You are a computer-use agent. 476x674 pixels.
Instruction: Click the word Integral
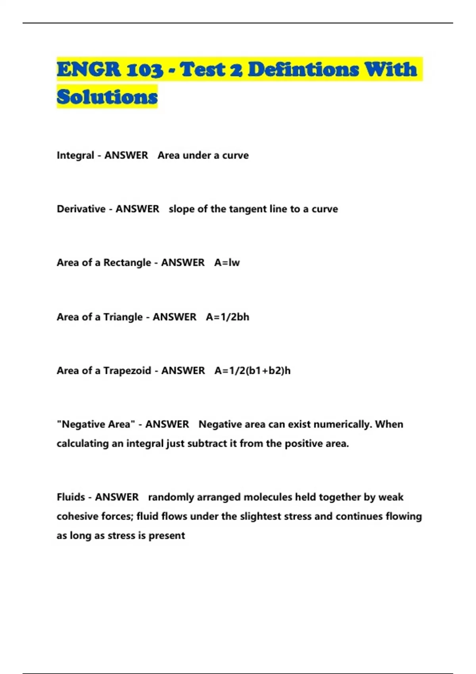click(75, 155)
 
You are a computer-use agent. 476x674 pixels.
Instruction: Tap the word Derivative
click(81, 209)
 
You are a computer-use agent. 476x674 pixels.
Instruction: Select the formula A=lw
click(227, 262)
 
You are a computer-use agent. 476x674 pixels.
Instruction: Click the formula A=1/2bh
click(227, 317)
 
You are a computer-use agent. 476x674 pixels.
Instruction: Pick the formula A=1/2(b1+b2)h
click(252, 371)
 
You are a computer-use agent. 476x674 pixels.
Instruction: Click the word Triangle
click(123, 317)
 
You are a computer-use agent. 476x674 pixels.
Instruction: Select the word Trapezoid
click(127, 371)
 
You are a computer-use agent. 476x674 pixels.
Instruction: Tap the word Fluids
click(70, 497)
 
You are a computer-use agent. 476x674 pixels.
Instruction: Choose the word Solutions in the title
click(107, 97)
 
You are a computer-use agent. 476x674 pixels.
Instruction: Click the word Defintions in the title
click(303, 70)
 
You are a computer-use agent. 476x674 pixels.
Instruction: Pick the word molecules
click(267, 497)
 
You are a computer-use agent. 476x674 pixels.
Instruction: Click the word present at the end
click(167, 536)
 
